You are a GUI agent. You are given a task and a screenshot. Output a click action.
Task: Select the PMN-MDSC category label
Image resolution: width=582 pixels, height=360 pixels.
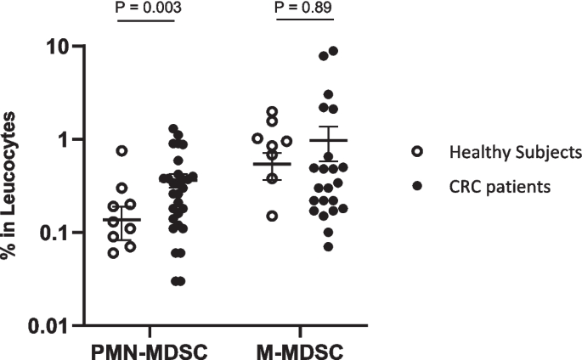tap(152, 350)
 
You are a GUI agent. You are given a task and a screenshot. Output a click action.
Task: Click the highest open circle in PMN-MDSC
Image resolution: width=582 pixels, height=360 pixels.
tap(122, 150)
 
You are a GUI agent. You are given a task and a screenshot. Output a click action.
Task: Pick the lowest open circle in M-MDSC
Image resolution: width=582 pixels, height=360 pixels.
tap(272, 216)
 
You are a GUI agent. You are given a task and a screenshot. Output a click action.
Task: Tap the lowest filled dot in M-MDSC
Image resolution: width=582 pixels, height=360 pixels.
tap(328, 246)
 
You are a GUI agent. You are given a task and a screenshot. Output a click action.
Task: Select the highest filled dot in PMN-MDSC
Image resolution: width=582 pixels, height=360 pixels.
tap(172, 129)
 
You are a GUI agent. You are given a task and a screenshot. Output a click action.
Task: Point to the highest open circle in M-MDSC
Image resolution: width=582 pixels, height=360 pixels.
tap(272, 111)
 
